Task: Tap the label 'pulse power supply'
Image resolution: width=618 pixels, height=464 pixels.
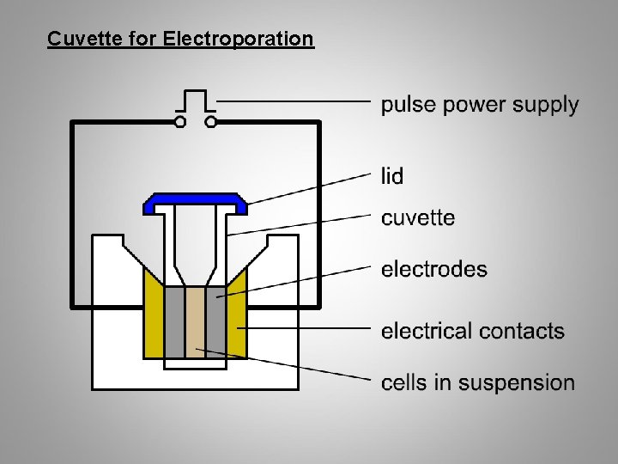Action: click(x=480, y=106)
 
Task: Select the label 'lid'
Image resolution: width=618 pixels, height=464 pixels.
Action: click(x=391, y=176)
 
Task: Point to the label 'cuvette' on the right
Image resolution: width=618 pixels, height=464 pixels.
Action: click(x=418, y=218)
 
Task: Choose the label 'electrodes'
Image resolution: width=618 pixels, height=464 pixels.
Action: click(x=433, y=270)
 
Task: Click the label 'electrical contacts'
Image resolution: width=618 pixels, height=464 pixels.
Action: click(x=473, y=331)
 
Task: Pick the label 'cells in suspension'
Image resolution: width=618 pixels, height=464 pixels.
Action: click(x=478, y=382)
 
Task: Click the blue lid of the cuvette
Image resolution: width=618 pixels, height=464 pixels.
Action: click(x=195, y=201)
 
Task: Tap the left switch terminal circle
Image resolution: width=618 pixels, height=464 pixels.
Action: click(x=180, y=122)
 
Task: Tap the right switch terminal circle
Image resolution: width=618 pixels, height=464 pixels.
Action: click(x=211, y=122)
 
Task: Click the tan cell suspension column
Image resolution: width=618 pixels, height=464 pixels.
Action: click(x=195, y=322)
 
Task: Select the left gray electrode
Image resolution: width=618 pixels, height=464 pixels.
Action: click(x=174, y=322)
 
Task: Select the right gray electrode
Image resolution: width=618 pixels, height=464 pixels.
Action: click(x=215, y=322)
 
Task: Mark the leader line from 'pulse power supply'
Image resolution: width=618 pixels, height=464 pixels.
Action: click(x=292, y=101)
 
